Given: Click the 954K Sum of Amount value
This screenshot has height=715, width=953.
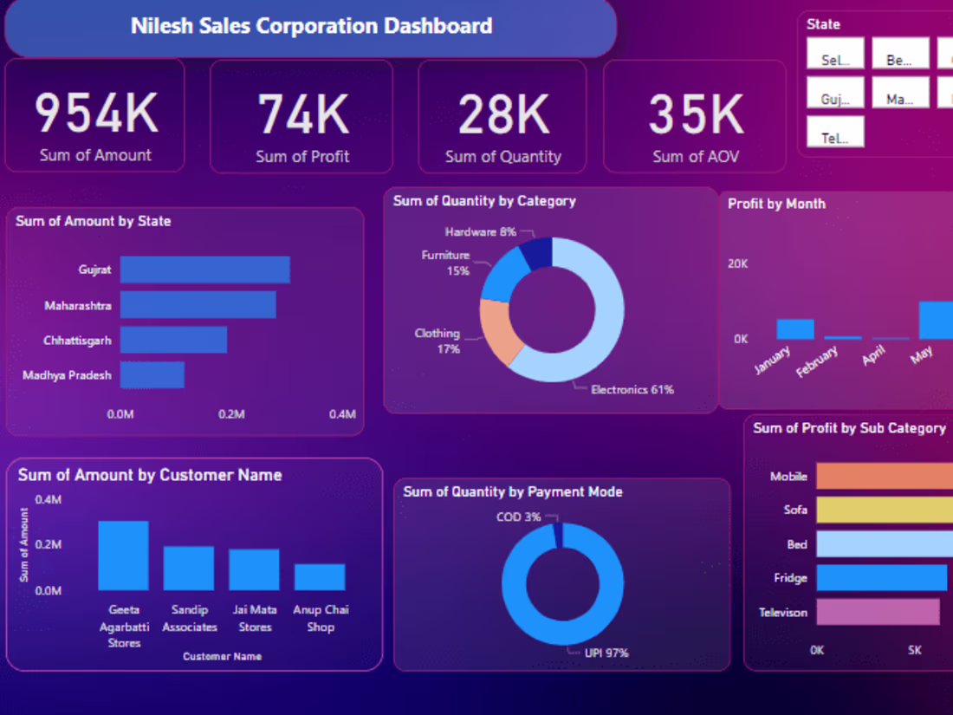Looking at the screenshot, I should pos(95,114).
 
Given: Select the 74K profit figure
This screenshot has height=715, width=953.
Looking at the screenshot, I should pos(302,114).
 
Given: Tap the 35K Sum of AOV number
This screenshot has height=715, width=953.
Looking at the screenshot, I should pos(696,114).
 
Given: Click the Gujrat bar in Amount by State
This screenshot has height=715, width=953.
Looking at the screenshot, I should pos(204,270).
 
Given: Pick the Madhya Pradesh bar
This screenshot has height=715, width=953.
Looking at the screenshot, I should pos(152,375).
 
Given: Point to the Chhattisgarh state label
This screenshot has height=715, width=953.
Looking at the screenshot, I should pos(77,341).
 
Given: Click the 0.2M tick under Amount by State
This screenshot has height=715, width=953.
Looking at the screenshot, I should pos(231,414).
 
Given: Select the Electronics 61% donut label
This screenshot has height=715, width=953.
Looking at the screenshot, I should pos(632,390).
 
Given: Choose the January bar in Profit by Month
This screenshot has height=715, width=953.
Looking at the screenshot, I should pos(794,329).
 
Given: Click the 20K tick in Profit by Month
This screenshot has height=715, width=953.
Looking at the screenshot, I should pos(737,263).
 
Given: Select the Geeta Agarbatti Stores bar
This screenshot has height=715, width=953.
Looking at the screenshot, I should pos(123,556).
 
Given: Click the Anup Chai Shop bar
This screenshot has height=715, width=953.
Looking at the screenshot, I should pos(320,576).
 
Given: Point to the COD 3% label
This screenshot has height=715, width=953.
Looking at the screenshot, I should pos(518,517).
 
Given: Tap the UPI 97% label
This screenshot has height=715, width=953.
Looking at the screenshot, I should pos(606,653).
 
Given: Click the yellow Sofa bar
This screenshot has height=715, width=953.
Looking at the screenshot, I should pos(884,510).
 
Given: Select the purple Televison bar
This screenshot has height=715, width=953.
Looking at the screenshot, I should pos(878,612).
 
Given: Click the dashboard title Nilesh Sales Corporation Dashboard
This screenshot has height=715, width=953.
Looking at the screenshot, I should pos(311,26).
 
